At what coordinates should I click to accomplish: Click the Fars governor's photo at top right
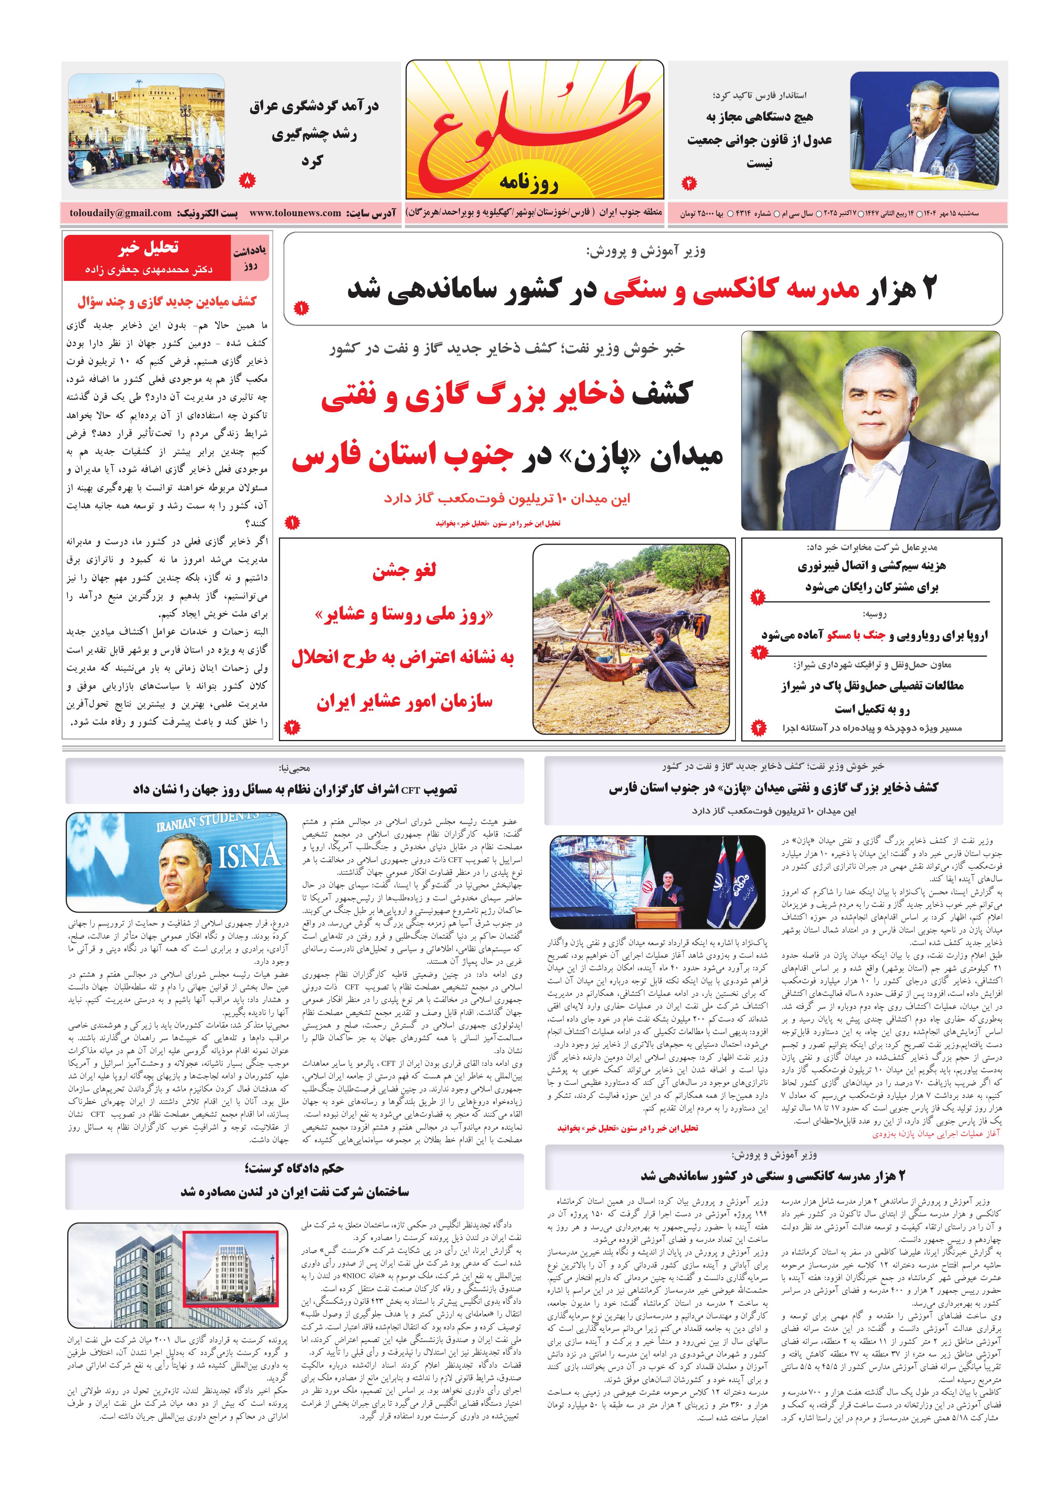click(924, 130)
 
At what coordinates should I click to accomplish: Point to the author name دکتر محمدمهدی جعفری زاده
click(148, 269)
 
